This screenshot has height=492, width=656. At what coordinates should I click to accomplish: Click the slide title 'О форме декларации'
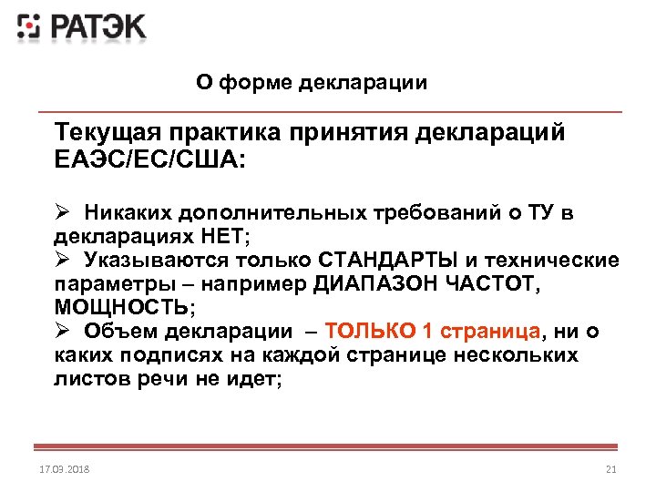click(312, 83)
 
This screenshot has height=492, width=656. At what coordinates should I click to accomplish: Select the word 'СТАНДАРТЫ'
click(386, 261)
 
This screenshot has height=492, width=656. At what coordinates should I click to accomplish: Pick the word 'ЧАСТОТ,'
click(494, 283)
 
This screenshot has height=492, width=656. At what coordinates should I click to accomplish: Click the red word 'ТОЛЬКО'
click(365, 330)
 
